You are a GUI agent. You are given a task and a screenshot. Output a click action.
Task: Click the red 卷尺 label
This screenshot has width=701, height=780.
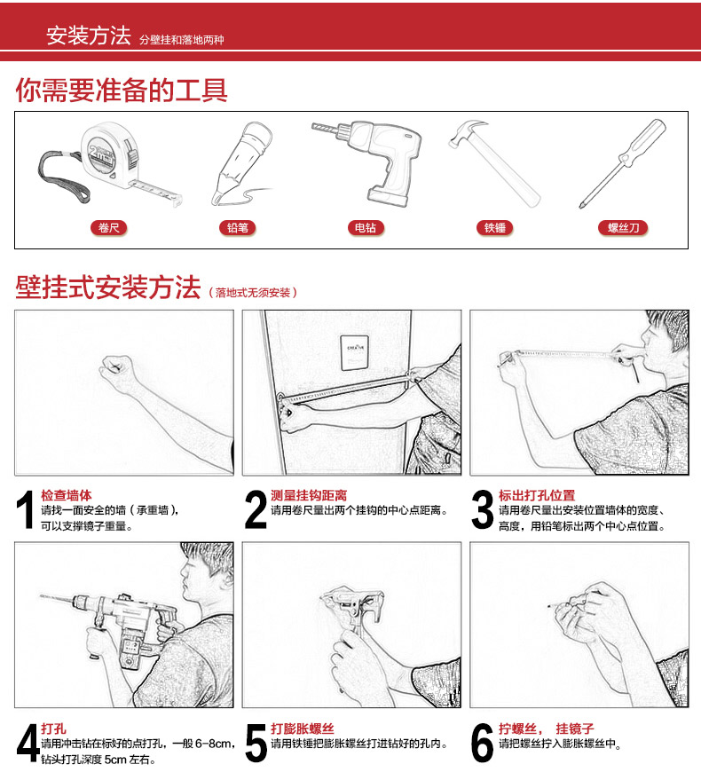pos(108,228)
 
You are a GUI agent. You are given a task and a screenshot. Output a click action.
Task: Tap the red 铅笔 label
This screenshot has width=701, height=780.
pos(237,228)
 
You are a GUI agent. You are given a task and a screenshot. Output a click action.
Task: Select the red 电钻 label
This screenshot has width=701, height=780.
pos(366,228)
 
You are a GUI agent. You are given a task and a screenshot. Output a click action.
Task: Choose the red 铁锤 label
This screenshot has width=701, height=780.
pos(494,228)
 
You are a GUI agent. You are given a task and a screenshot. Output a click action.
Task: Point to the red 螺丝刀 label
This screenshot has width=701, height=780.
pos(623,228)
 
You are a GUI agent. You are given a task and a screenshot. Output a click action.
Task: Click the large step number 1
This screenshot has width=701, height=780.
pos(25,509)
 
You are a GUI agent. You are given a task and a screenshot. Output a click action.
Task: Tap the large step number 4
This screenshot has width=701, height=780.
pos(28,744)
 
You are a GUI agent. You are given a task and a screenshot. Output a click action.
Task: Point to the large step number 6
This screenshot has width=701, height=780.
pos(483,744)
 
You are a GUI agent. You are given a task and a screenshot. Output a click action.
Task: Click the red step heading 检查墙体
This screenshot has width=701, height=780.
pos(67,495)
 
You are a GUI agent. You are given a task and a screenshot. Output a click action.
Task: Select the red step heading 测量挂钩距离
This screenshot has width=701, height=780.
pos(309,495)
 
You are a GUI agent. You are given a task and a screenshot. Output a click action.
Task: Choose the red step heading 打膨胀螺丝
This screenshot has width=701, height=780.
pos(303,729)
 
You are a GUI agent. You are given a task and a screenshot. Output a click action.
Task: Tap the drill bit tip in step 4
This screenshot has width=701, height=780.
pos(42,595)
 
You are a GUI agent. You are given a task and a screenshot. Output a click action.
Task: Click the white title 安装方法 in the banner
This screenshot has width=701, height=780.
pos(89,35)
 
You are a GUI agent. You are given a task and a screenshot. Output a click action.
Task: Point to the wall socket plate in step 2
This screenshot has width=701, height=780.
pos(355,352)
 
